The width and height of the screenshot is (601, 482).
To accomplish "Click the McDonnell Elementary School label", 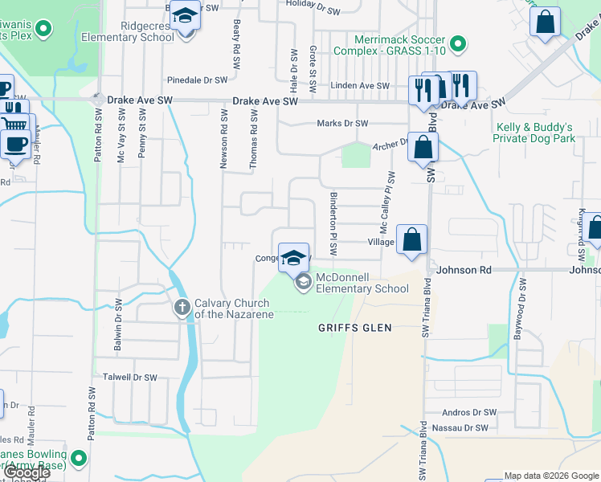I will (x=362, y=283).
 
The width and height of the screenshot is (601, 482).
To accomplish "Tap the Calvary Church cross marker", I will (x=182, y=306).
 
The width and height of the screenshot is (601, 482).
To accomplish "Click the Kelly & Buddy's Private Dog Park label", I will (x=535, y=133).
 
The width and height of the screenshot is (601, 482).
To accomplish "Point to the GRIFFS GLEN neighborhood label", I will (x=354, y=328).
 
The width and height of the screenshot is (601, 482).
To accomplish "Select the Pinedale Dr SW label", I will (x=198, y=80).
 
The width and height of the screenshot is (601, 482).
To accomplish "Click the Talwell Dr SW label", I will (x=129, y=377).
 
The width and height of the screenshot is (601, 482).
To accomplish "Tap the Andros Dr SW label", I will (x=469, y=412).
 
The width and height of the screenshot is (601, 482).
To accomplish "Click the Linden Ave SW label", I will (x=360, y=86).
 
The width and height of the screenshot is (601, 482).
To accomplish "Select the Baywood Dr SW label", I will (x=519, y=309).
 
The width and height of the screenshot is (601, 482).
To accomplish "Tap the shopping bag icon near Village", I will (x=411, y=239).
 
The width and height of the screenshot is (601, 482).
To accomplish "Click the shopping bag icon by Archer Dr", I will (x=423, y=148).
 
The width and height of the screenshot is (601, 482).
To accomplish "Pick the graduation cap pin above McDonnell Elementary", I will (x=293, y=258).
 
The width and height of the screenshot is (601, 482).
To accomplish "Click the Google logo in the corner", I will (x=27, y=472).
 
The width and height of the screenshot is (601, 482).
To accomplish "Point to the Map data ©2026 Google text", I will (x=551, y=476).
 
